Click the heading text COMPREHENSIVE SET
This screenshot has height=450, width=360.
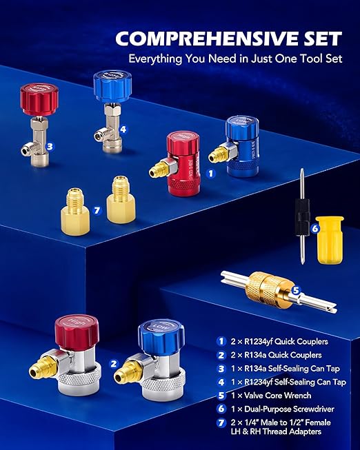(228, 37)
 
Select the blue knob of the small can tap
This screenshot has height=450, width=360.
(112, 86)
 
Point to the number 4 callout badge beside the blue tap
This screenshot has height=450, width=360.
(123, 128)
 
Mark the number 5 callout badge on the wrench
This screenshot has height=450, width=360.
(295, 290)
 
